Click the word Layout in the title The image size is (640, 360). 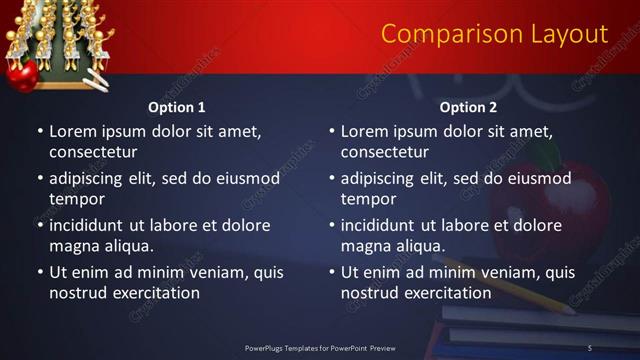568,34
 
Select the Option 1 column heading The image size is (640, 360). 177,106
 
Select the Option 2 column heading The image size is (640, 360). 469,106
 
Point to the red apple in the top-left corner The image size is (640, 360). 22,74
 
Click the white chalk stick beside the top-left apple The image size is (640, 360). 96,81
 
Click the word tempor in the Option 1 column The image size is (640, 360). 76,199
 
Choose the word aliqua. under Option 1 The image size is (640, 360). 126,246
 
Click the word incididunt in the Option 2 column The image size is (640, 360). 379,225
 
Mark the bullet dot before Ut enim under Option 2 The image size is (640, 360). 332,272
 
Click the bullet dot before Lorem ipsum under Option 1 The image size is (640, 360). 40,131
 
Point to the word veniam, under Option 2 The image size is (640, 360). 503,272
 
